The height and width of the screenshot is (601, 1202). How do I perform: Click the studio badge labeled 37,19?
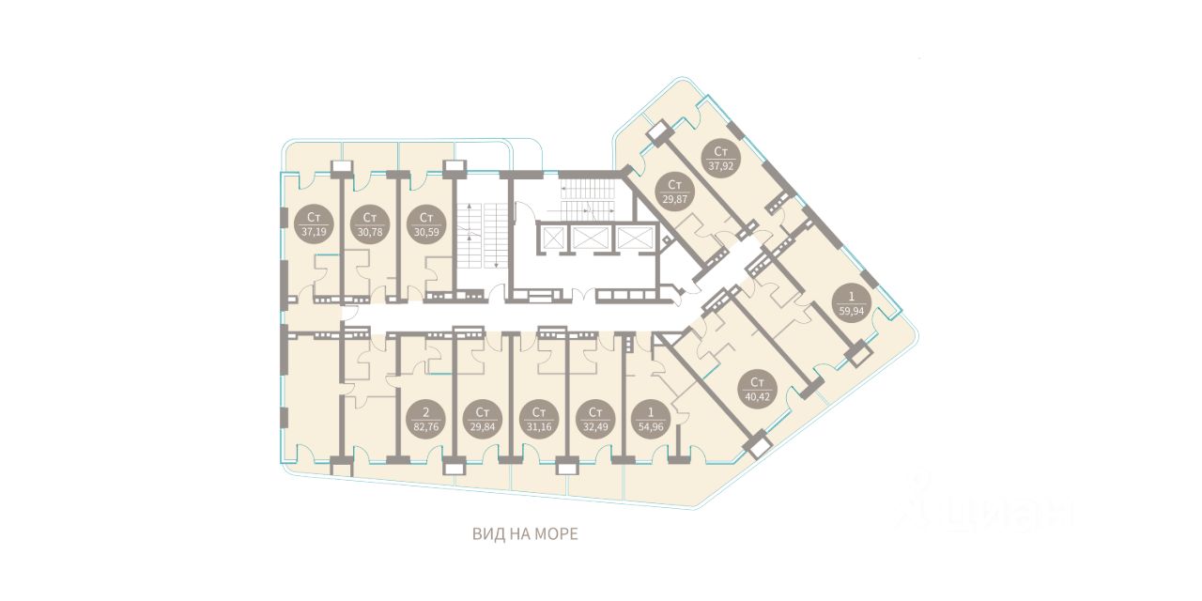pos(314,224)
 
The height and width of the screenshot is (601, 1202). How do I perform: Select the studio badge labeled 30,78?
pos(370,224)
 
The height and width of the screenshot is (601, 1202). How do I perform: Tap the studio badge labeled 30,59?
pos(426,224)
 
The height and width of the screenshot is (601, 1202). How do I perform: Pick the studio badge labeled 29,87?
pos(675,192)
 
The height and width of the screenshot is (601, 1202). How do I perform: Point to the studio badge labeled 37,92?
pos(720,159)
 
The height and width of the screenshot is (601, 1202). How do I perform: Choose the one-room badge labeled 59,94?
pos(852,302)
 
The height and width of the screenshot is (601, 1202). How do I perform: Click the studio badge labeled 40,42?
pos(757,389)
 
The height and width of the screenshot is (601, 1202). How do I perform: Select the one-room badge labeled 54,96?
pos(652,419)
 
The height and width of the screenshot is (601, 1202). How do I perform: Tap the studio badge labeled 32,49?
pos(595,419)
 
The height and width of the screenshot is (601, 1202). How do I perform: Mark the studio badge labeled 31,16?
pos(539,419)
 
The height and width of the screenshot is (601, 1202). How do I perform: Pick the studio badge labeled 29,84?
pos(483,419)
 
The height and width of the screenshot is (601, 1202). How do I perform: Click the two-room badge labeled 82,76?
pos(426,419)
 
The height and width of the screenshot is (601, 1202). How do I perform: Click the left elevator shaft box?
pos(552,238)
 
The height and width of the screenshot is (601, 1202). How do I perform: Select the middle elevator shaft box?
pos(590,238)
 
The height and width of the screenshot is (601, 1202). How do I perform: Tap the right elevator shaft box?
pos(635,238)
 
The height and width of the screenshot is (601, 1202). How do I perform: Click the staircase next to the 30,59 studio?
pos(481,235)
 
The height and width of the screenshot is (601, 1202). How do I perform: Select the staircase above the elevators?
pos(587,197)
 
